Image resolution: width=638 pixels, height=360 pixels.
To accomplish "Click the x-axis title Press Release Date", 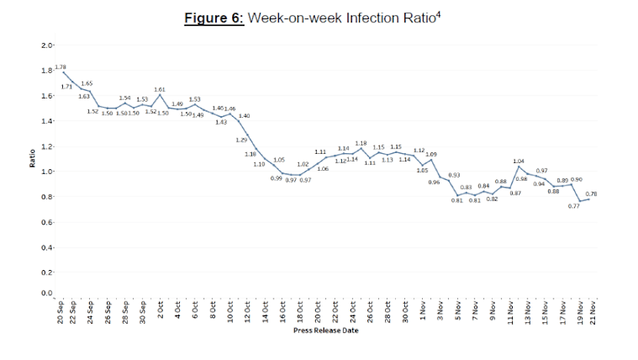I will (325, 332).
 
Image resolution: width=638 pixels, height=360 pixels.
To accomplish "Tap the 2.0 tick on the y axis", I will (47, 46).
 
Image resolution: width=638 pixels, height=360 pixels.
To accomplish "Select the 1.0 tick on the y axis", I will (47, 172).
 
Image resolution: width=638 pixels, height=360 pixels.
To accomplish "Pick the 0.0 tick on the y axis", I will (47, 294).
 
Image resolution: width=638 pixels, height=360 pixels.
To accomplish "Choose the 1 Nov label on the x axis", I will (424, 312).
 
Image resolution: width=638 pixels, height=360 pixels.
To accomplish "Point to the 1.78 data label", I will (61, 68).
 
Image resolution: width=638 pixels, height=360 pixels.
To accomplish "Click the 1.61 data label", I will (160, 90).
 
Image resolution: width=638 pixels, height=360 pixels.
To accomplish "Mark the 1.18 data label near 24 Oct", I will (361, 143).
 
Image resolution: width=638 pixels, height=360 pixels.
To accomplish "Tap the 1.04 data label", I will (518, 161).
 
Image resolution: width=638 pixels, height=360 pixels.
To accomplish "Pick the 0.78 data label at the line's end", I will (592, 194).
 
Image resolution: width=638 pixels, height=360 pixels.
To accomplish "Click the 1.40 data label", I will (244, 115).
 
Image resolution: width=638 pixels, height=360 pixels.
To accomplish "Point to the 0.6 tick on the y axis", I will (47, 222).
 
